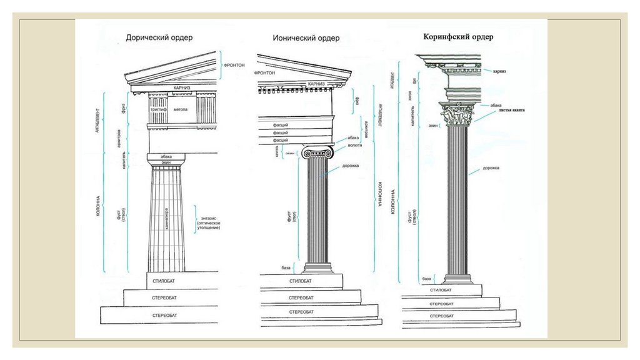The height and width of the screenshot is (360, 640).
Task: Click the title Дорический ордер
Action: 159,37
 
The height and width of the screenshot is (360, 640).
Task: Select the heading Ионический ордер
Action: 306,38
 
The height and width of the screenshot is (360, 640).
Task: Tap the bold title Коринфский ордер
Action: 458,37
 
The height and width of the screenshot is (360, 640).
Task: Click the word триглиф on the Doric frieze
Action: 157,109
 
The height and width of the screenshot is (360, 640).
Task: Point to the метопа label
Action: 181,109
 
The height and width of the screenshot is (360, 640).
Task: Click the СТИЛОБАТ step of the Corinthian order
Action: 441,290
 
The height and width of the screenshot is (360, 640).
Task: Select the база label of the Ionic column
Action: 286,267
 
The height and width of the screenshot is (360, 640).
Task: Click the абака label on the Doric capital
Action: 166,156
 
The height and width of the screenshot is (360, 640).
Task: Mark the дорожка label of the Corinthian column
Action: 491,167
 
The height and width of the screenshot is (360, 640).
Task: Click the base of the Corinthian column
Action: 459,278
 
